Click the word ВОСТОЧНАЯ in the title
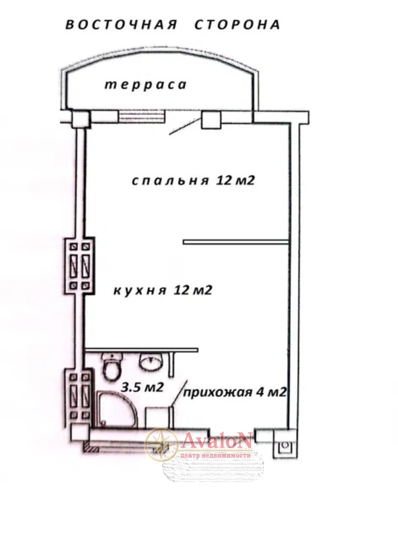pyautogui.click(x=121, y=25)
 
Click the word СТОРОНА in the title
pyautogui.click(x=237, y=25)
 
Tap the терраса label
pyautogui.click(x=145, y=85)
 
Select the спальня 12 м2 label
pyautogui.click(x=193, y=180)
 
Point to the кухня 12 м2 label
pyautogui.click(x=162, y=290)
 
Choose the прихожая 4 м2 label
pyautogui.click(x=234, y=392)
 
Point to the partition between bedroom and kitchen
pyautogui.click(x=236, y=242)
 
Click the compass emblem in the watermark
pyautogui.click(x=161, y=444)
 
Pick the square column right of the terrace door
pyautogui.click(x=211, y=119)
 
